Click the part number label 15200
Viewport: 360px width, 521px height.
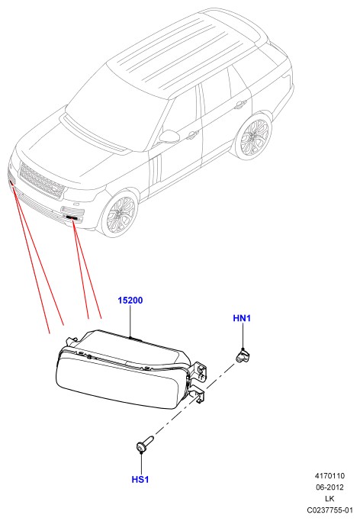tap(130, 301)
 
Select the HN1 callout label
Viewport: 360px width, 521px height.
tap(242, 318)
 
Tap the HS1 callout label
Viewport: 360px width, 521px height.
tap(140, 480)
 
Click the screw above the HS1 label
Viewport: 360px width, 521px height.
tap(145, 443)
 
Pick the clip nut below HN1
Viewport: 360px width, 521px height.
tap(243, 355)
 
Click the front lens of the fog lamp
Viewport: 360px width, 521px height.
tap(120, 381)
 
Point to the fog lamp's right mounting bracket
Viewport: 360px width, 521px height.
tap(199, 382)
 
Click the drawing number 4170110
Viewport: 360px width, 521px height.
tap(329, 476)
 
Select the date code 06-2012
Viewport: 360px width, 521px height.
tap(329, 487)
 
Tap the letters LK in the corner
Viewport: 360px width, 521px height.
tap(329, 498)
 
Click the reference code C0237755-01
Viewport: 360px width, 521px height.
tap(329, 510)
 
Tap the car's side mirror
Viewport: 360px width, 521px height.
tap(169, 137)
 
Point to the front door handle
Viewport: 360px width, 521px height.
tap(192, 135)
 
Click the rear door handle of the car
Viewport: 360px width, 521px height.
tap(239, 105)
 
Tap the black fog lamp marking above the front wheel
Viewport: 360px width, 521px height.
tap(72, 217)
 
